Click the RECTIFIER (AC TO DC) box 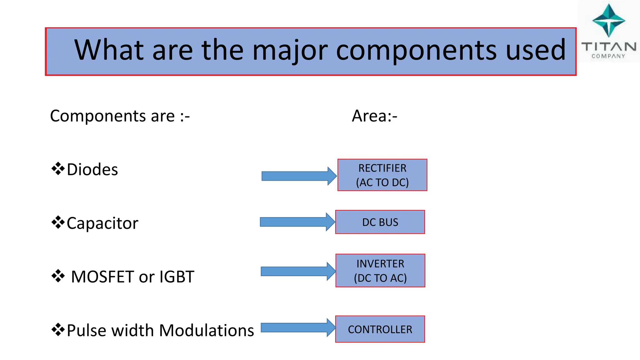[x=382, y=175]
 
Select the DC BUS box [x=380, y=222]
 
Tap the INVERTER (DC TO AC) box [x=380, y=271]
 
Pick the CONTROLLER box [x=380, y=329]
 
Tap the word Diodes [x=92, y=170]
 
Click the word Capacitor [x=102, y=223]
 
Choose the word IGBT [x=177, y=277]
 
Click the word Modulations [x=207, y=331]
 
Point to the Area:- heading [x=374, y=116]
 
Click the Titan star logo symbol [x=608, y=21]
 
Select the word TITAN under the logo [x=608, y=47]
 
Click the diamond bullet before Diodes [x=58, y=169]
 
